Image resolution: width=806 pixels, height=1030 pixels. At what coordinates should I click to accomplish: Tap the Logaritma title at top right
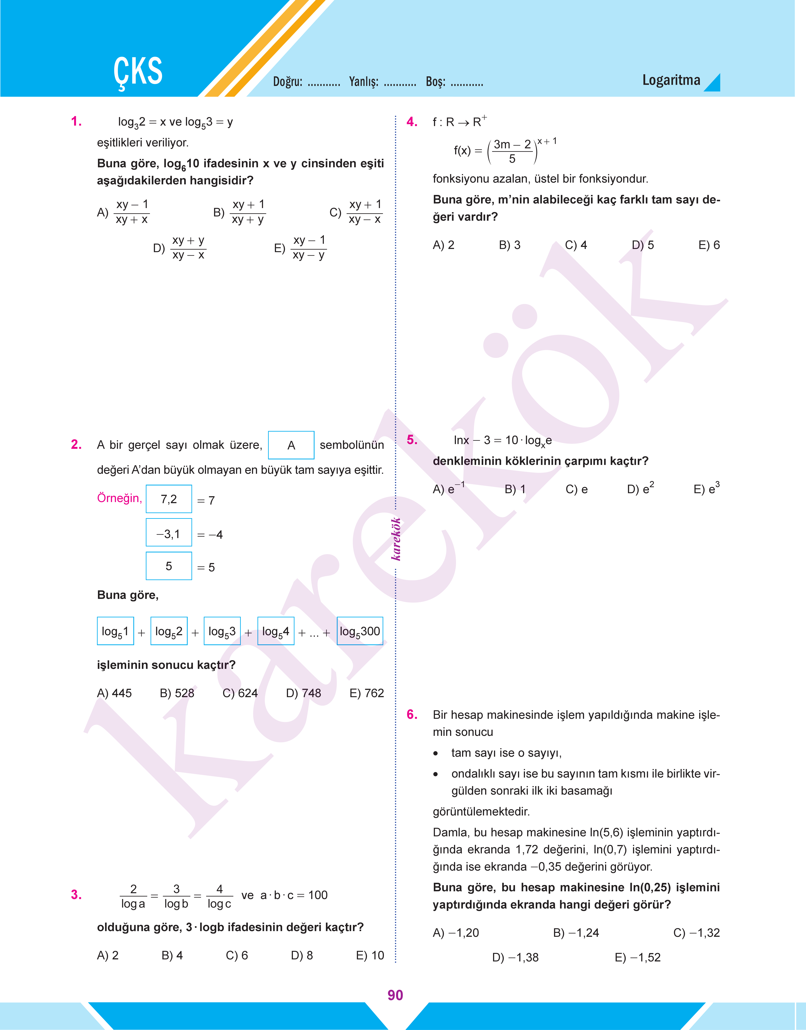[671, 80]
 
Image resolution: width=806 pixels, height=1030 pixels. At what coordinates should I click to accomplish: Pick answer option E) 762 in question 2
[367, 693]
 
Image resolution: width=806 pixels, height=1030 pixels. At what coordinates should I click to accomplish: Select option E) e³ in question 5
[706, 489]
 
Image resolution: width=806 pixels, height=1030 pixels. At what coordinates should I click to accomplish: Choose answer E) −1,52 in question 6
[638, 957]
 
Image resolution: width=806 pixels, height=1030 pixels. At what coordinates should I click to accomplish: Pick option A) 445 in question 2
[114, 693]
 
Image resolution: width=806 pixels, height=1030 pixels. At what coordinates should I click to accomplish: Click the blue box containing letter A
[291, 445]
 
